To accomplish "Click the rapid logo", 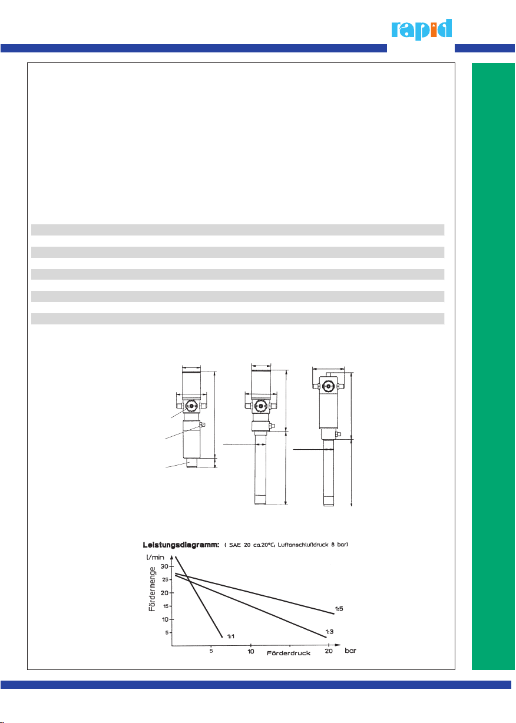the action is (x=421, y=29).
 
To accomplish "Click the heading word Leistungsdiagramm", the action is (x=181, y=545).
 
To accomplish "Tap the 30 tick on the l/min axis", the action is (x=164, y=566).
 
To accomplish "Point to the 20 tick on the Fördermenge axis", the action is (x=164, y=593).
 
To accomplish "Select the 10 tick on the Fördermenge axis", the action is (x=165, y=619).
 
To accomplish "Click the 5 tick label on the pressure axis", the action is (x=211, y=651).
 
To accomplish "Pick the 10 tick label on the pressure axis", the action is (x=250, y=651).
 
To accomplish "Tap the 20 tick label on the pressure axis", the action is (x=329, y=651).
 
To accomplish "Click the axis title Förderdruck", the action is (x=289, y=654).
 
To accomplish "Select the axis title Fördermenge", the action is (x=152, y=589).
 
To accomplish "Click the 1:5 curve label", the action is (x=339, y=609).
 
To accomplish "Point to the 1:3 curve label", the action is (x=329, y=632).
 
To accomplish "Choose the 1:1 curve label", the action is (x=230, y=636).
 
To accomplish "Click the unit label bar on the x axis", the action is (x=350, y=651).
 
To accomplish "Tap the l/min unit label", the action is (x=155, y=558).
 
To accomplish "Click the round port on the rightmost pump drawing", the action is (x=328, y=386).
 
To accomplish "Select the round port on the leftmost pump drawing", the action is (x=191, y=406).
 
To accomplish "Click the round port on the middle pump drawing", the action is (x=260, y=406).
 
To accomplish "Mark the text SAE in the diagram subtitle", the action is (x=235, y=545).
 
